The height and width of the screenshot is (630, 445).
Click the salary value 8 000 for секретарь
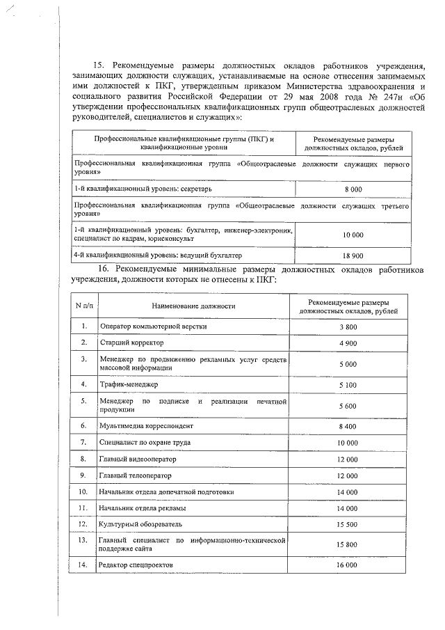click(353, 189)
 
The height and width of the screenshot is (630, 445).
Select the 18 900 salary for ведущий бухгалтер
click(353, 255)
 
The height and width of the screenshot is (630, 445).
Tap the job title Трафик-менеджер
click(129, 384)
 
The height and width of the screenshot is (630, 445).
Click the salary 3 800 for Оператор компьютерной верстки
click(348, 326)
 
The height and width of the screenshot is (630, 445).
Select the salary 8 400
click(348, 425)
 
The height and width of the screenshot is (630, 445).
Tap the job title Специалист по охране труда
click(145, 442)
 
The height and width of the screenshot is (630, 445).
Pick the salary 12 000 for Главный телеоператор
click(348, 475)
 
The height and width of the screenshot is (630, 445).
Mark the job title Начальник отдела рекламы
click(143, 508)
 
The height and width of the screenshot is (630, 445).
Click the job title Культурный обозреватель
click(140, 523)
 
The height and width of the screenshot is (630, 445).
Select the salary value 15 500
click(348, 523)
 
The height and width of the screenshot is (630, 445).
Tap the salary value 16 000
click(348, 565)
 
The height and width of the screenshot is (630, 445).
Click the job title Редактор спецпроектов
click(136, 565)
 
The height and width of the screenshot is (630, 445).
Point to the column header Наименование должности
click(194, 306)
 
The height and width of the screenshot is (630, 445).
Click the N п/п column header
click(83, 306)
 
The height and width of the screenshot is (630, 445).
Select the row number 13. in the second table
click(83, 540)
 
